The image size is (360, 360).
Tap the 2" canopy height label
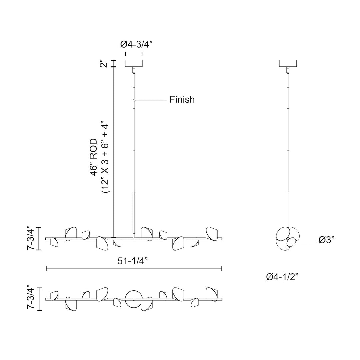pos(104,64)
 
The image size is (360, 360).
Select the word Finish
pos(182,99)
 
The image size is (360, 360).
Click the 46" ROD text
pos(94,157)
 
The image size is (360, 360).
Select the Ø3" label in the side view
pos(326,240)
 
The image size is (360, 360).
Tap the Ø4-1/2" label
pos(282,277)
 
